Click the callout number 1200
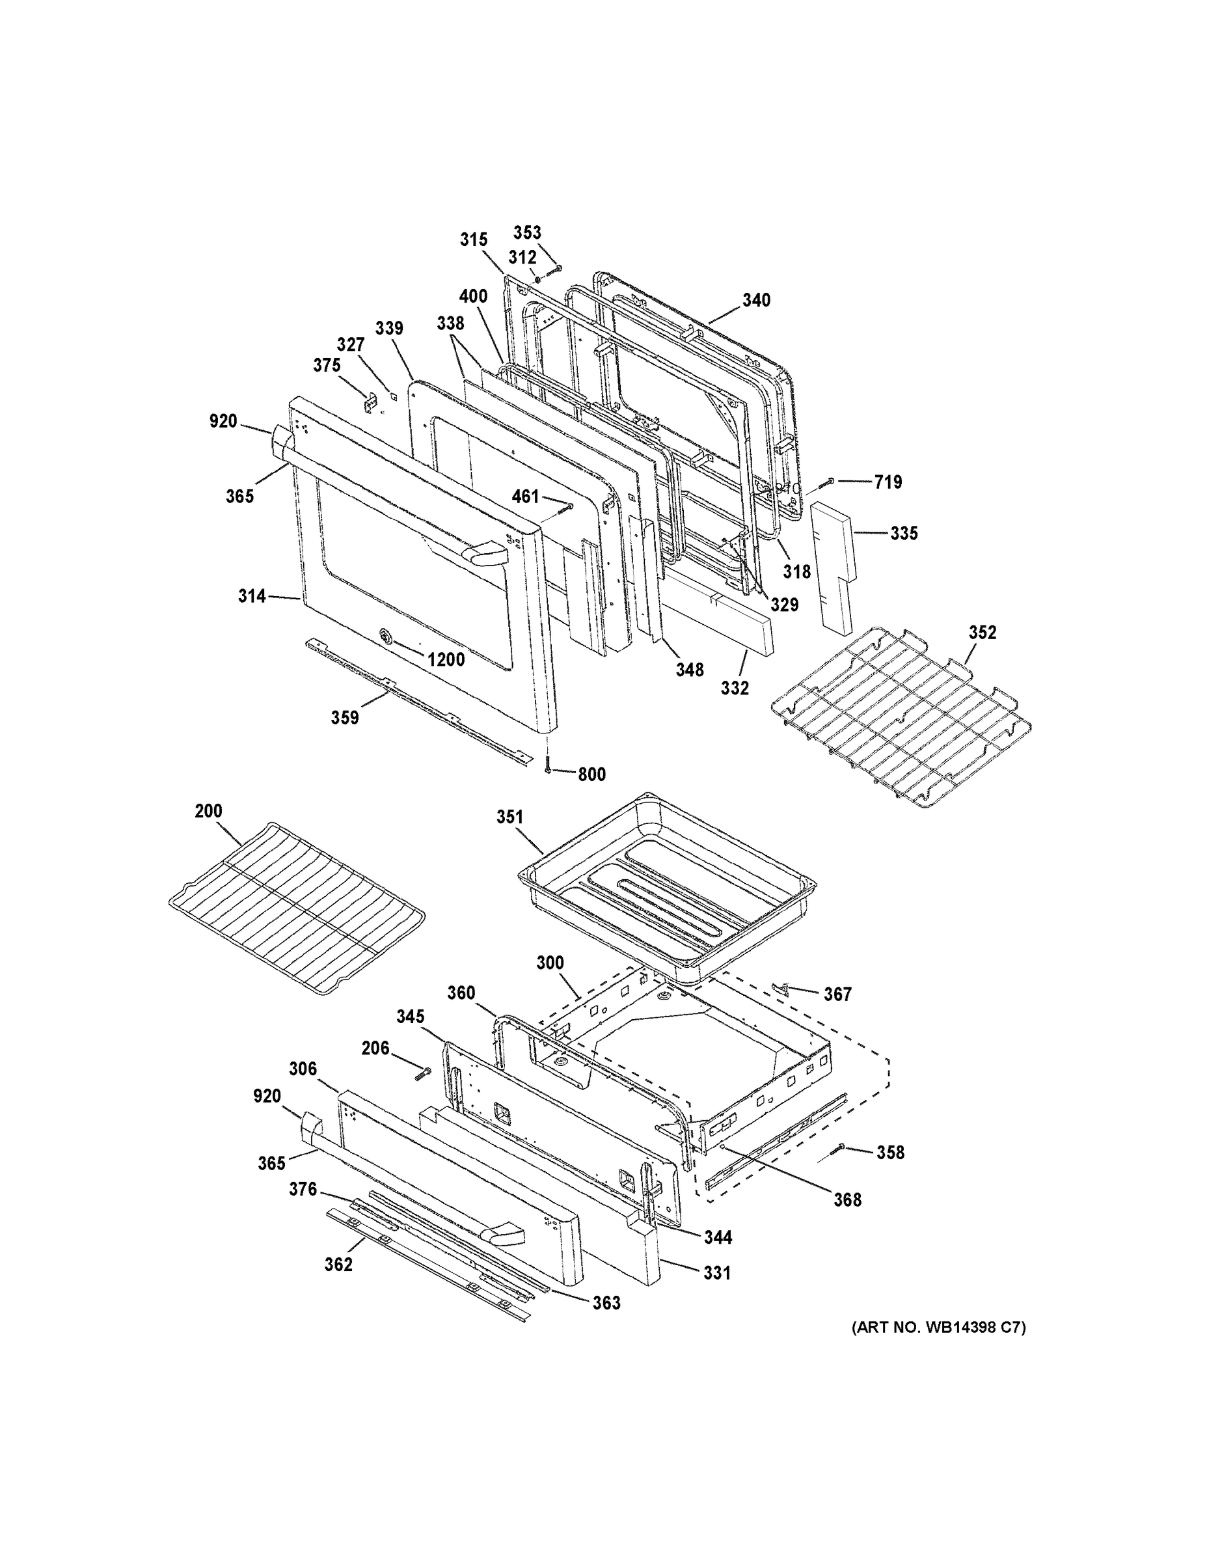click(x=446, y=659)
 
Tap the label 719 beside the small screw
click(x=888, y=482)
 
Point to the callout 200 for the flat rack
click(x=208, y=811)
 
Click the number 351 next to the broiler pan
click(x=510, y=817)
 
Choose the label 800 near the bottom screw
click(x=591, y=774)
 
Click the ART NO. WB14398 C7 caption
click(x=938, y=1328)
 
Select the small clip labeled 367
click(x=781, y=988)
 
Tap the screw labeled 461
click(x=569, y=507)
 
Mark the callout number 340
click(x=756, y=301)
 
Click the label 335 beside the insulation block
click(x=904, y=533)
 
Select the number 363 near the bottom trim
click(x=606, y=1303)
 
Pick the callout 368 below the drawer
click(x=847, y=1200)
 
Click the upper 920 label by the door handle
click(x=223, y=421)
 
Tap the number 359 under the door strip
click(x=345, y=717)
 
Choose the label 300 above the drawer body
click(x=550, y=963)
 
